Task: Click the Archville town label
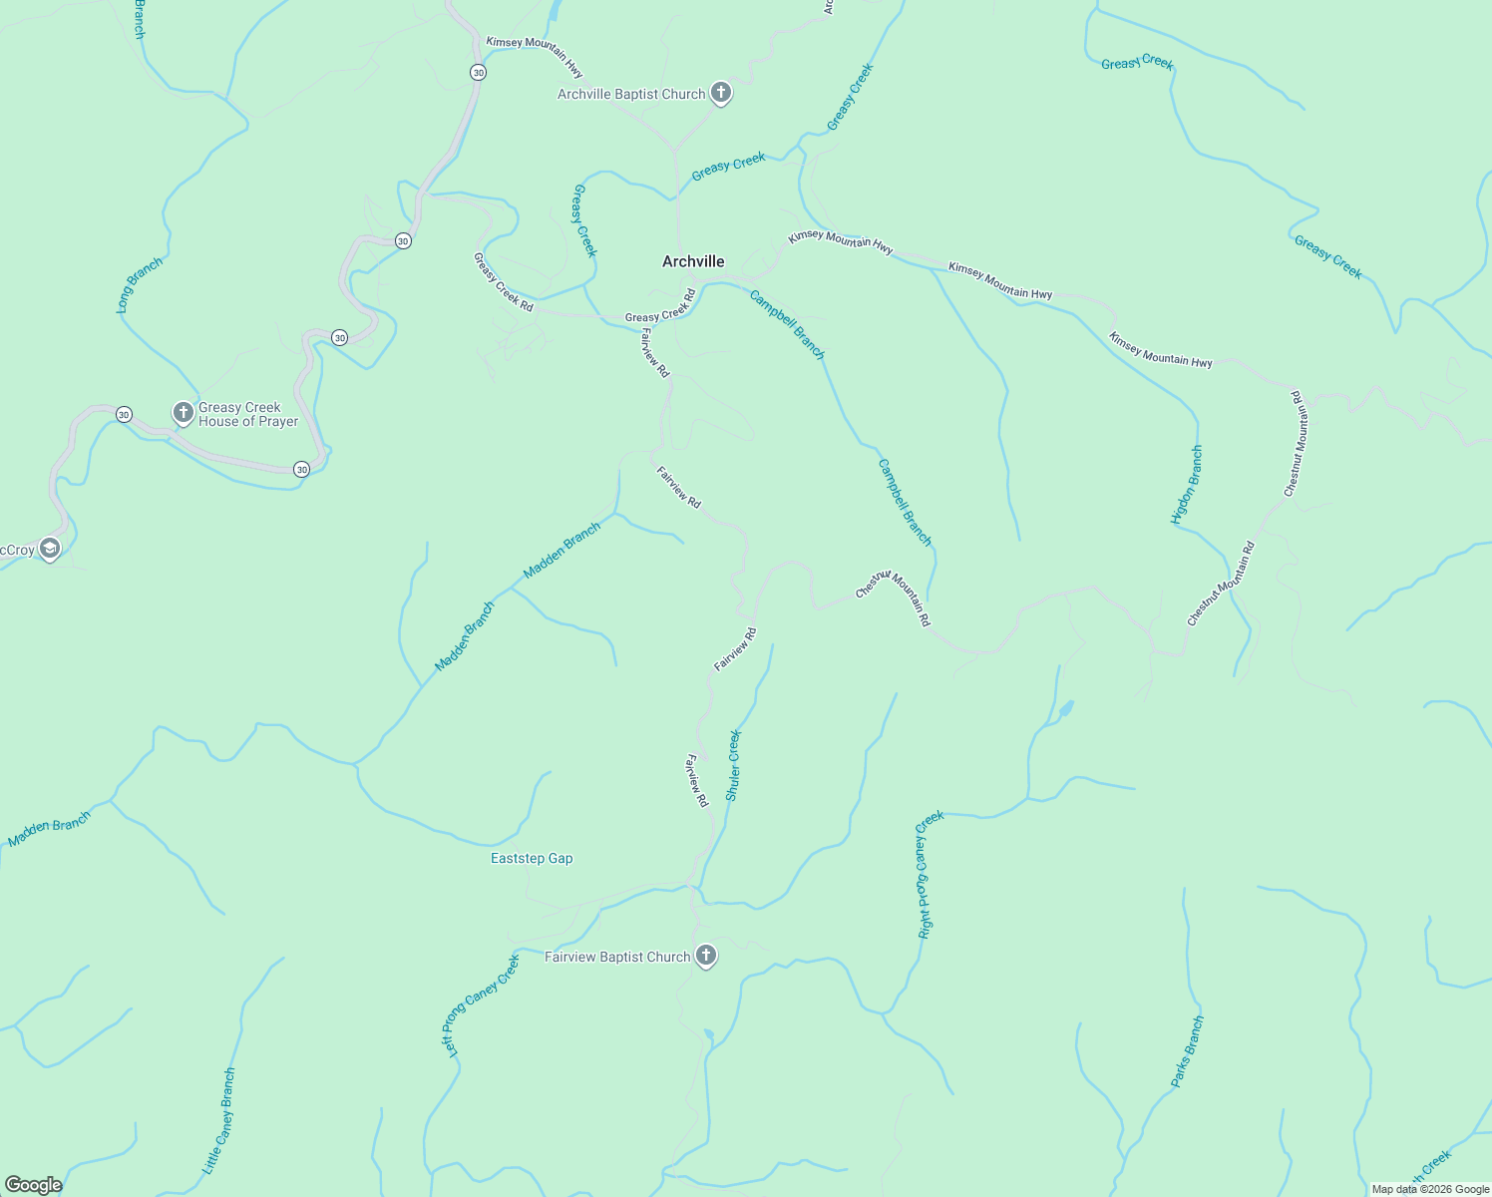click(693, 261)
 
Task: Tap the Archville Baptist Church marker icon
click(721, 93)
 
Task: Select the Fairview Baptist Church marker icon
click(706, 956)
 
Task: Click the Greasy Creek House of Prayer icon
click(183, 413)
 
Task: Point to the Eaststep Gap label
click(532, 858)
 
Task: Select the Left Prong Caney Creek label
click(481, 1005)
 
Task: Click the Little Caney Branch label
click(218, 1120)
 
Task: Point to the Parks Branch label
click(1187, 1051)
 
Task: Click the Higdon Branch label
click(1187, 485)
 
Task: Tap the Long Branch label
click(140, 285)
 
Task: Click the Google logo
click(33, 1185)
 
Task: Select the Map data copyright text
click(1430, 1189)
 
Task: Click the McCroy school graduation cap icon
click(50, 549)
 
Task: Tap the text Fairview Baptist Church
click(617, 957)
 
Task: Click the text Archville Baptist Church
click(631, 94)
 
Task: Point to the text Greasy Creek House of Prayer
click(248, 414)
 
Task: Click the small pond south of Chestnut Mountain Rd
click(1065, 709)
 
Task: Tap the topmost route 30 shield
click(479, 73)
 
